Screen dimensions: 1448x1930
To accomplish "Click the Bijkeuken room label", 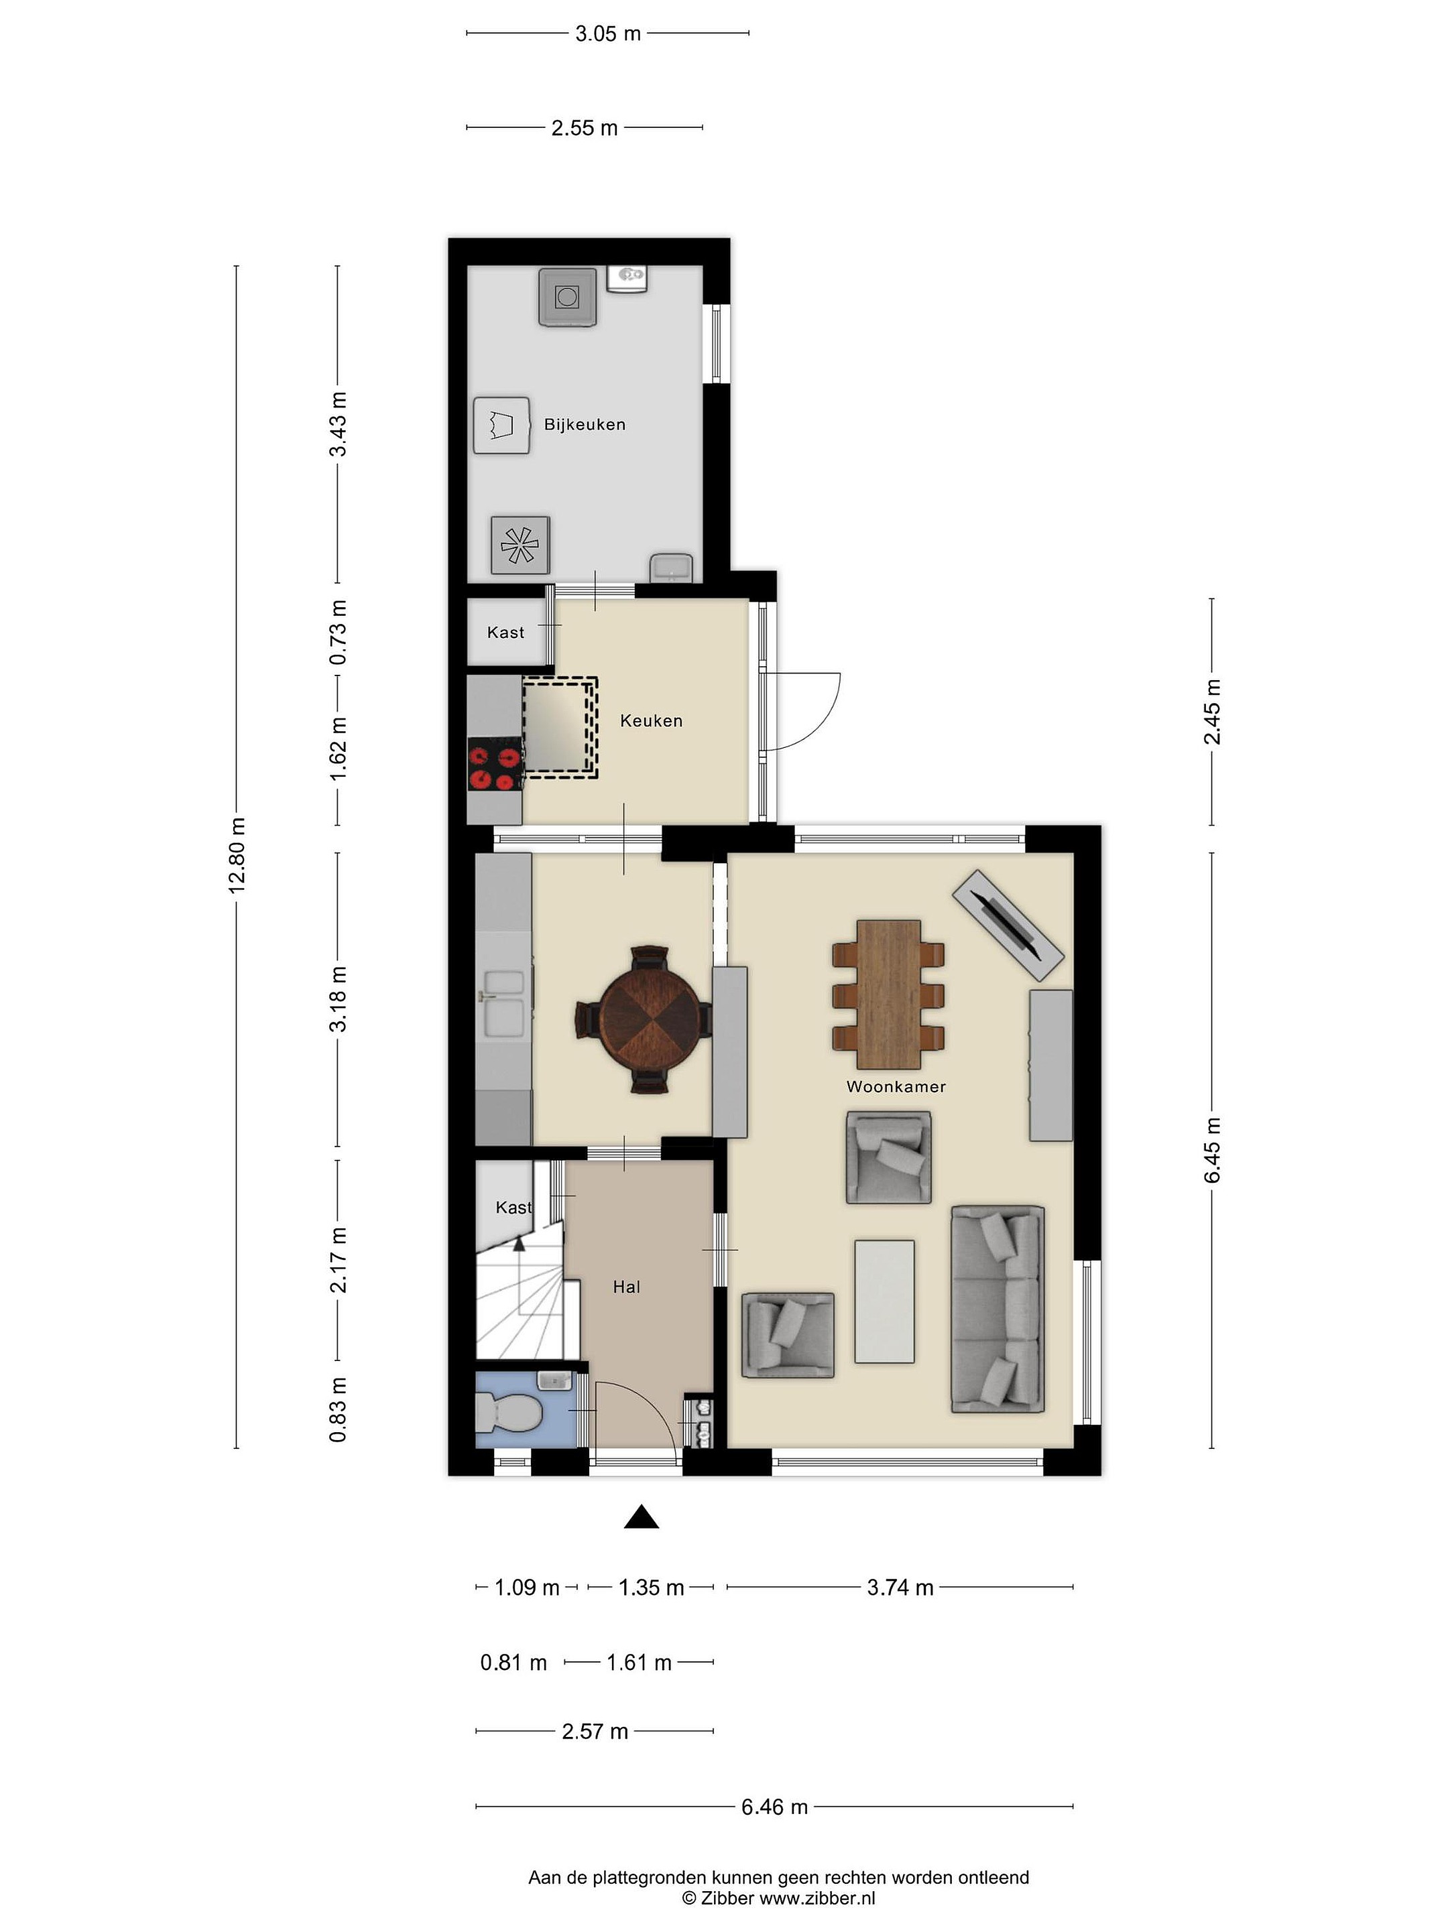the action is tap(584, 425).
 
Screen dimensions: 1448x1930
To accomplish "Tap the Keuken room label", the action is tap(651, 720).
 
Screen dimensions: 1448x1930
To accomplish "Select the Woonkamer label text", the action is tap(896, 1086).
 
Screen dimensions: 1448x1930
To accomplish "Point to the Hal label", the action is tap(627, 1287).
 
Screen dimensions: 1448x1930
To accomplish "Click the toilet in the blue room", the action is tap(507, 1411).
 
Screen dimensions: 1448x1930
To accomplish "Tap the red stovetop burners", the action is tap(494, 765).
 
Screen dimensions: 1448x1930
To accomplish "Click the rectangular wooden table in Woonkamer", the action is tap(888, 994).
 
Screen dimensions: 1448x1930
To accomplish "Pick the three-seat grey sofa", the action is tap(998, 1309).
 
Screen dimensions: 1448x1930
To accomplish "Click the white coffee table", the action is tap(884, 1301).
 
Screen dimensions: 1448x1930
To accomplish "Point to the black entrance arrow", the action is tap(641, 1517).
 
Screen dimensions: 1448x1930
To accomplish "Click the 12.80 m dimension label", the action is tap(237, 855).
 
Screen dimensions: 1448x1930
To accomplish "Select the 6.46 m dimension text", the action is tap(774, 1807).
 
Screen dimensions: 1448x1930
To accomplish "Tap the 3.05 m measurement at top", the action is tap(607, 34).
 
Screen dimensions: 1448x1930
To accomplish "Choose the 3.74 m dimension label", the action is tap(900, 1587).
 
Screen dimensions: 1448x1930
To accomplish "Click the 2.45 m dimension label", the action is tap(1212, 711).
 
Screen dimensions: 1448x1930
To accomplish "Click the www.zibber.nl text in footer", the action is tap(817, 1898).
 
